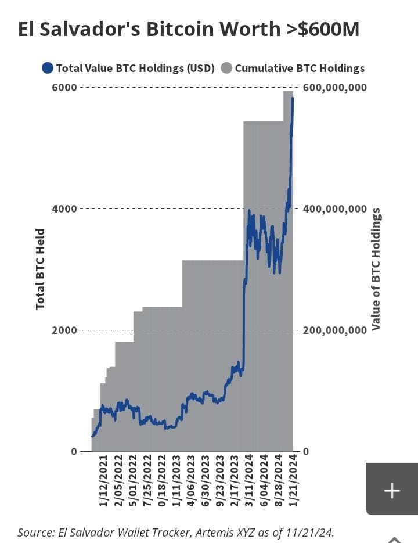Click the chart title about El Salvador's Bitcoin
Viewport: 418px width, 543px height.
click(x=189, y=30)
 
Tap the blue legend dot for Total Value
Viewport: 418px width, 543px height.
click(x=48, y=69)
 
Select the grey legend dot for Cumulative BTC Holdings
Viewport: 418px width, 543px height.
click(x=226, y=69)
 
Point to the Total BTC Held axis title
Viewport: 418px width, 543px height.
click(x=41, y=269)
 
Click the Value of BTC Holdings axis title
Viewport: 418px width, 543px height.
click(x=376, y=269)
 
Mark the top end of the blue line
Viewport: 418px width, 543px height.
click(x=293, y=98)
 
